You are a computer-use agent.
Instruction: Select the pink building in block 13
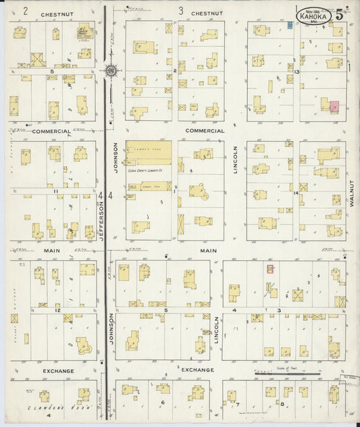coord(334,105)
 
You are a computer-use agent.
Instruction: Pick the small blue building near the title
coord(290,25)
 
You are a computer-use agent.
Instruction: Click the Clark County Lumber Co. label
coord(147,172)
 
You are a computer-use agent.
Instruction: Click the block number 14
coord(296,193)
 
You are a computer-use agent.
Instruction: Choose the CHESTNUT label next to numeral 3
coord(207,13)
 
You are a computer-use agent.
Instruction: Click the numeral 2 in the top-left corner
coord(25,11)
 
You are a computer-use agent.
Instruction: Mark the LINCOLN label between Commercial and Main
coord(236,160)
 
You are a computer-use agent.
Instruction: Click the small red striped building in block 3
coord(270,269)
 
